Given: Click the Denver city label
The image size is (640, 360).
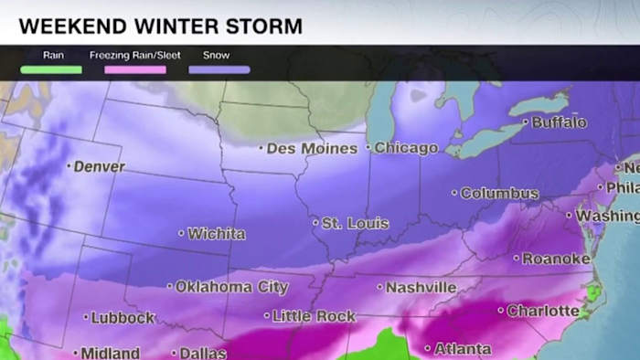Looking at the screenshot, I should click(99, 167).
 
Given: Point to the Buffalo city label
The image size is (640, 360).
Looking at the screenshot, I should click(557, 122).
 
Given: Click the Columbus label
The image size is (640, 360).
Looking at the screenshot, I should click(498, 193).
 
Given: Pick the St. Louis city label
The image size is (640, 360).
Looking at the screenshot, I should click(354, 223).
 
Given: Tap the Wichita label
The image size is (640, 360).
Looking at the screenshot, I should click(215, 234).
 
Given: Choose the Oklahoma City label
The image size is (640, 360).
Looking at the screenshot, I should click(231, 287).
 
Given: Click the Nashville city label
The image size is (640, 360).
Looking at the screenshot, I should click(420, 288).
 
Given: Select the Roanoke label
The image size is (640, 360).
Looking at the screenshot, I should click(555, 259).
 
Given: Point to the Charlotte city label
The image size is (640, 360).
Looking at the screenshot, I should click(542, 311).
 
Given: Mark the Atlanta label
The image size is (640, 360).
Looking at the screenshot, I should click(461, 349).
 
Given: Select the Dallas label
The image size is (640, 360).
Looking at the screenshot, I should click(203, 353).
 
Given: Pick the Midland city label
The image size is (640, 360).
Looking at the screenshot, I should click(110, 353).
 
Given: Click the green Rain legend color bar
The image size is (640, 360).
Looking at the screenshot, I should click(52, 69).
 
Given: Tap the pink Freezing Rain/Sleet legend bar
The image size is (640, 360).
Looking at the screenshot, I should click(136, 69).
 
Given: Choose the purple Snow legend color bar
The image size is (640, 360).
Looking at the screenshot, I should click(219, 69).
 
